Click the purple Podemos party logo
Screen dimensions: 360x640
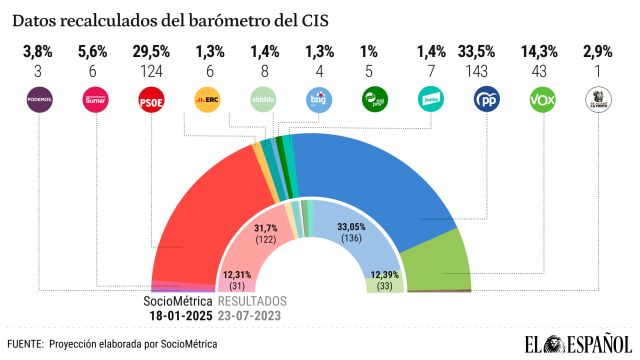coord(39,100)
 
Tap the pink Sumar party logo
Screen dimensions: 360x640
coord(95,100)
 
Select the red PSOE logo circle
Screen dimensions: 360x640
coord(150,100)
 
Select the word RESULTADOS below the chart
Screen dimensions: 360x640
coord(252,301)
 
